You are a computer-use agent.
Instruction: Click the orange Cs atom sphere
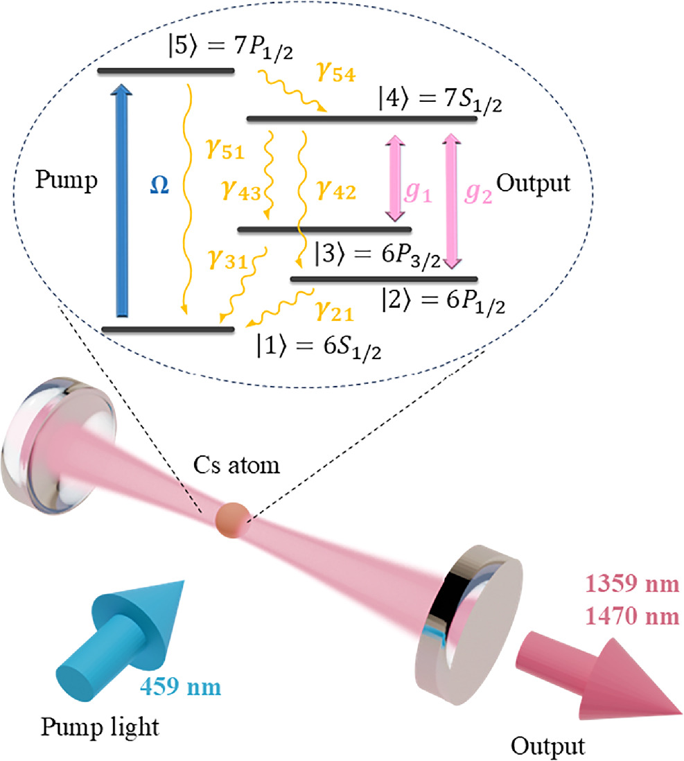tap(231, 519)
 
